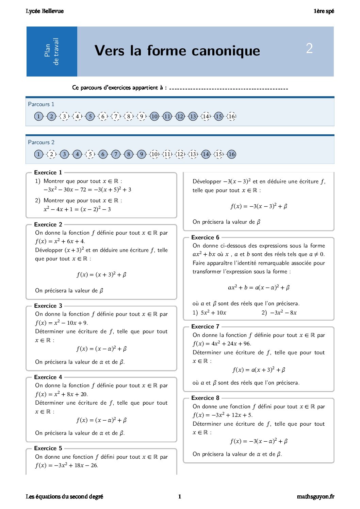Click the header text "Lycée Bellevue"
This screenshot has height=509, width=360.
[45, 11]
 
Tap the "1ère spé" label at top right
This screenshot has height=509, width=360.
[324, 11]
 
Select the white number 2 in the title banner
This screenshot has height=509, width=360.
[309, 48]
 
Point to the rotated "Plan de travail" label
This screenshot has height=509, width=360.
[52, 51]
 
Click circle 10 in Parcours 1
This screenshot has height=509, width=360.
[154, 116]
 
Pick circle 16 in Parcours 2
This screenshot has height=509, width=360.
[231, 154]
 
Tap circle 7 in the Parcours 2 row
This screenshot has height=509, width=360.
[116, 154]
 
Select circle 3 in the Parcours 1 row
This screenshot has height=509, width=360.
[64, 116]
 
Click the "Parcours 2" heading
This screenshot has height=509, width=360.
[41, 142]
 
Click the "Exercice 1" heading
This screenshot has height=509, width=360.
[48, 172]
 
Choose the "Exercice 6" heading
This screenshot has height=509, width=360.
[205, 237]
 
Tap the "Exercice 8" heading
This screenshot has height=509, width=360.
[205, 398]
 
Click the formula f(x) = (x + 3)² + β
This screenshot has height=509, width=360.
[101, 274]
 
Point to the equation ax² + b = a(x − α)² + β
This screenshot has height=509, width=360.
[259, 288]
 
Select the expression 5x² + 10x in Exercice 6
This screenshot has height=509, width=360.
[213, 312]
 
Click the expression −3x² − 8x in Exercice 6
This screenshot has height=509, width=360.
[283, 312]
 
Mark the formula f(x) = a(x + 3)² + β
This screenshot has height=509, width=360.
[259, 370]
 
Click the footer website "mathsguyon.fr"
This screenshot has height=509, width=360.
[315, 496]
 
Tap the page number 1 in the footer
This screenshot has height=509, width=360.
[180, 496]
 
